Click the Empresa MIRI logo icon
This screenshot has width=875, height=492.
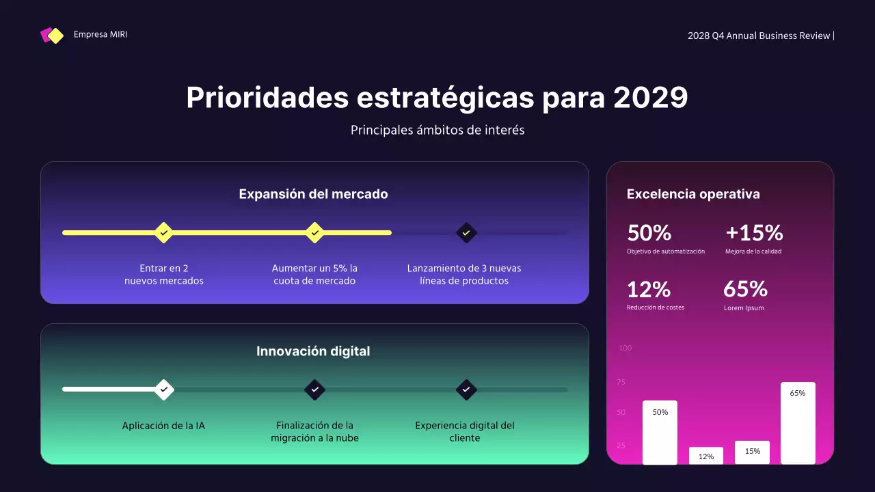pyautogui.click(x=52, y=36)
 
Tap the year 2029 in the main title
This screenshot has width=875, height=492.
pyautogui.click(x=650, y=98)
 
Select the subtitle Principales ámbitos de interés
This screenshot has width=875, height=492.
pyautogui.click(x=437, y=130)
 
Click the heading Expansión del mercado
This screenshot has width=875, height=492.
pyautogui.click(x=313, y=194)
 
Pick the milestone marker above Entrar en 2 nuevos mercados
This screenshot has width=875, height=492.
pyautogui.click(x=163, y=232)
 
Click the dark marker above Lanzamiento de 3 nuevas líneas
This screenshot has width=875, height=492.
pyautogui.click(x=466, y=232)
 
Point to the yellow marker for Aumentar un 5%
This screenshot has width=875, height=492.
pyautogui.click(x=314, y=232)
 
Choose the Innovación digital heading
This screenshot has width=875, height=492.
pyautogui.click(x=313, y=351)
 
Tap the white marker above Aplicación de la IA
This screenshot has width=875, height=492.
pyautogui.click(x=163, y=389)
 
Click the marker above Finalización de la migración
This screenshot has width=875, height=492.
pyautogui.click(x=314, y=389)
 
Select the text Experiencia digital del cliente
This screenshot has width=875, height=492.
pyautogui.click(x=465, y=431)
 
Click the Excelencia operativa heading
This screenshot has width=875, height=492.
pyautogui.click(x=693, y=194)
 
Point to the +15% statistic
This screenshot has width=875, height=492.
pyautogui.click(x=754, y=233)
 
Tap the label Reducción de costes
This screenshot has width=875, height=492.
pyautogui.click(x=655, y=307)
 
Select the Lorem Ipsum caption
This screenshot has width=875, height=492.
pyautogui.click(x=744, y=308)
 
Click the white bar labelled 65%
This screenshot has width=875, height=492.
pyautogui.click(x=798, y=424)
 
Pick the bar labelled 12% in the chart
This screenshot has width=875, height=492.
pyautogui.click(x=706, y=456)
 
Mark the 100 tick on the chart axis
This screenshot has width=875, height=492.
pyautogui.click(x=625, y=348)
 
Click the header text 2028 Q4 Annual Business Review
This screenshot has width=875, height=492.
pyautogui.click(x=759, y=36)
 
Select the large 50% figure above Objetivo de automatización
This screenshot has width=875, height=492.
pyautogui.click(x=649, y=233)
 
